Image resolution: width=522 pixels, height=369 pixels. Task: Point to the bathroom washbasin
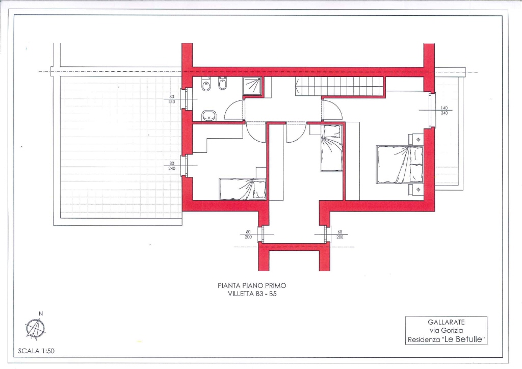click(x=208, y=116)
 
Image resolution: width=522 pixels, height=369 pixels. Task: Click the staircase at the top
click(x=339, y=86)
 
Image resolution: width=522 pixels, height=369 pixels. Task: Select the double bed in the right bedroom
click(x=400, y=165)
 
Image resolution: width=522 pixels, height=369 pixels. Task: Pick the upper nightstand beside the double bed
click(x=416, y=139)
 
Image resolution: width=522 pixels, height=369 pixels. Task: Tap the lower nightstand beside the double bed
click(x=416, y=190)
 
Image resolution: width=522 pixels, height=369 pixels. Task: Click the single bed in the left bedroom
click(x=242, y=189)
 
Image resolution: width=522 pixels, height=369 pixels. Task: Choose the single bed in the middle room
click(x=331, y=148)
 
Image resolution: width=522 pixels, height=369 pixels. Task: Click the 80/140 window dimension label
click(x=171, y=99)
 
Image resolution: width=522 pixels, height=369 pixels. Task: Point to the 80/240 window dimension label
click(x=171, y=166)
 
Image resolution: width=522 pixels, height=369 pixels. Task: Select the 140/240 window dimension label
click(x=444, y=111)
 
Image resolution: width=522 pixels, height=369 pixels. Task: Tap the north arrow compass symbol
click(x=35, y=328)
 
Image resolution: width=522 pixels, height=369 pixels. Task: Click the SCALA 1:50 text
click(x=36, y=351)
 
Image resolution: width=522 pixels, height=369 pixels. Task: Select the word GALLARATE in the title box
click(x=446, y=322)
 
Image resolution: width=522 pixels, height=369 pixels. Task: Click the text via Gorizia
click(x=446, y=330)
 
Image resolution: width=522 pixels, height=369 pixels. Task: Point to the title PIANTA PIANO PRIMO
click(x=252, y=285)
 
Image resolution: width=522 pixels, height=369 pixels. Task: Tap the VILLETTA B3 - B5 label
click(x=252, y=294)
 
